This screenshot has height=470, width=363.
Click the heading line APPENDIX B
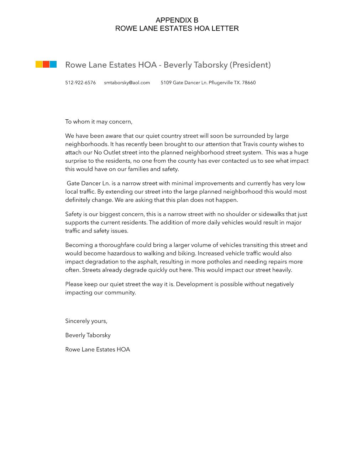[177, 20]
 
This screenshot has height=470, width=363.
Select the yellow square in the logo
[39, 64]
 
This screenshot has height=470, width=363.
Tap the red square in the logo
[46, 64]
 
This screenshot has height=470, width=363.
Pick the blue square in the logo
[53, 64]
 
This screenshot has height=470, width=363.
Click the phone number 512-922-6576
[80, 83]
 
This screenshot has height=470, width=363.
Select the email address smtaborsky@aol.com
[127, 83]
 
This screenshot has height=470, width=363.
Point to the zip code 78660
[249, 83]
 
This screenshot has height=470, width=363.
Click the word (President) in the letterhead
[250, 65]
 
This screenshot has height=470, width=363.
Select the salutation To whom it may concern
[99, 122]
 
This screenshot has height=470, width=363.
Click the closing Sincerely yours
[86, 321]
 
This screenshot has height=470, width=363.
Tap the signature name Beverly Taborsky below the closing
[88, 335]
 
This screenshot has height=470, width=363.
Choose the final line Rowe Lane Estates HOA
[98, 350]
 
